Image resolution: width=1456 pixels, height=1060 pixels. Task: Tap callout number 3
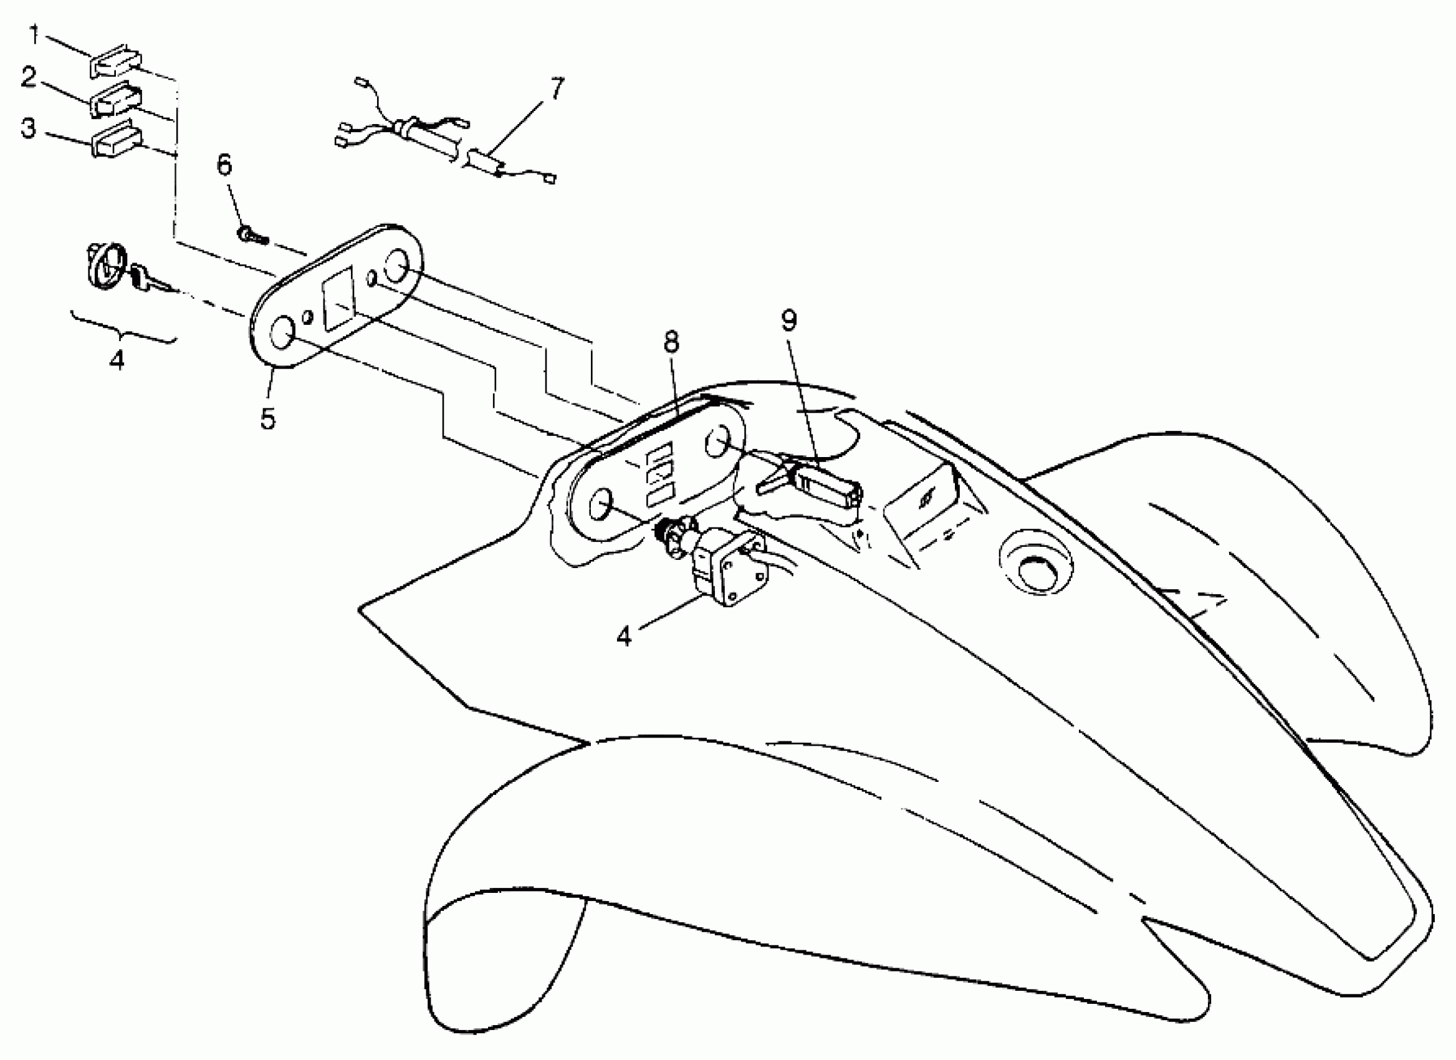tap(28, 128)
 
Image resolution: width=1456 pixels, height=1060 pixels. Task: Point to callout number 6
tap(224, 166)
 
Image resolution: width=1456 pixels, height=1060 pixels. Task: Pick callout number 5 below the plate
tap(268, 418)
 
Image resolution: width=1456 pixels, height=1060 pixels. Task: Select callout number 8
tap(671, 342)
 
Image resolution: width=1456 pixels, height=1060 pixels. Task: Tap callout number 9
tap(789, 320)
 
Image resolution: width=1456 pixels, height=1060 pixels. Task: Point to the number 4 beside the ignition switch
tap(624, 636)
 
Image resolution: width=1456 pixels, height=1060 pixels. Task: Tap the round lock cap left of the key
tap(103, 266)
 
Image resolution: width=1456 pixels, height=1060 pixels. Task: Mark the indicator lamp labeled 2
tap(117, 100)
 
